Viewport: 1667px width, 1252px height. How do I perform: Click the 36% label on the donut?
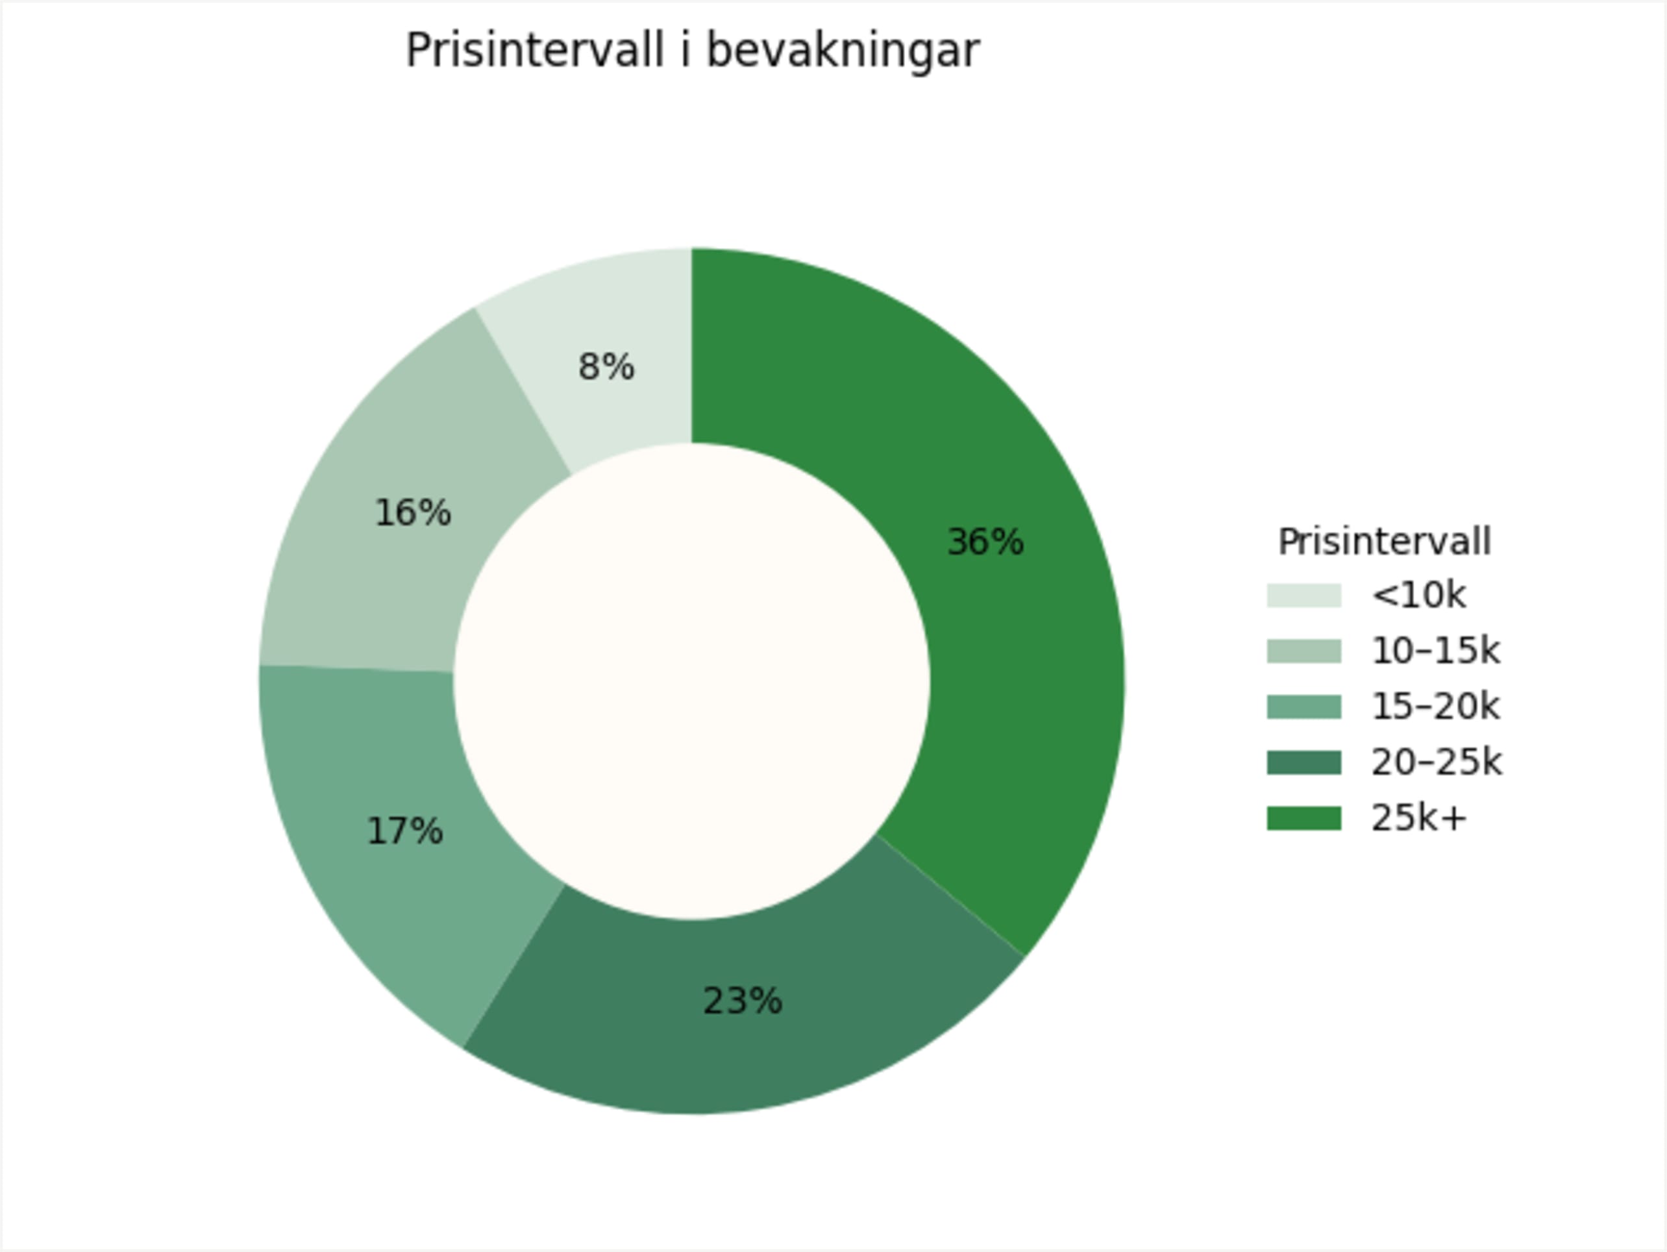pyautogui.click(x=984, y=542)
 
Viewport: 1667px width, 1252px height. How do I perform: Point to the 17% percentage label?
pyautogui.click(x=404, y=831)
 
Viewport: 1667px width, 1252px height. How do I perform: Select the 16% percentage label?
pyautogui.click(x=412, y=513)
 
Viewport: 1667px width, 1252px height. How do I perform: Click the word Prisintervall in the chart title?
pyautogui.click(x=535, y=51)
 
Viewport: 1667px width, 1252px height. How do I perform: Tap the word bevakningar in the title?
pyautogui.click(x=843, y=51)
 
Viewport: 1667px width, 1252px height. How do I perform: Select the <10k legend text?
pyautogui.click(x=1418, y=595)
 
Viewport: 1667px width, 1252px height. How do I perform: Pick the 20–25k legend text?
pyautogui.click(x=1437, y=763)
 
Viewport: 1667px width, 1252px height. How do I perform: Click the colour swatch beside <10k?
pyautogui.click(x=1303, y=595)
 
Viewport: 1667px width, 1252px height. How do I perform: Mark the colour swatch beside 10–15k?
pyautogui.click(x=1303, y=651)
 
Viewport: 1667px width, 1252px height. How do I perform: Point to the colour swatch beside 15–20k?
pyautogui.click(x=1303, y=707)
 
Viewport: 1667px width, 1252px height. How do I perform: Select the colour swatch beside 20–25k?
pyautogui.click(x=1303, y=763)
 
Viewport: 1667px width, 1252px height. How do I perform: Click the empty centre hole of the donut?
pyautogui.click(x=691, y=681)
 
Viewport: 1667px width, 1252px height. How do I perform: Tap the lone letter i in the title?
pyautogui.click(x=685, y=51)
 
